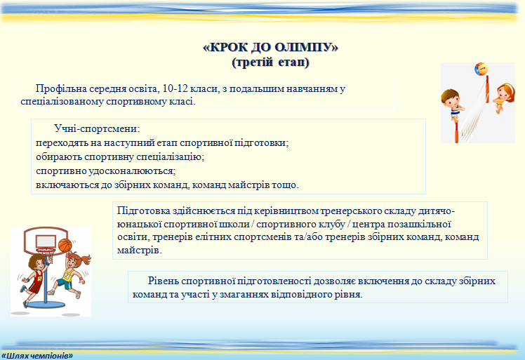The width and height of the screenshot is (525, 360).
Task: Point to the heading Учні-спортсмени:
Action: (x=97, y=129)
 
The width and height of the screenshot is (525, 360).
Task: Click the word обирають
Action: (x=59, y=156)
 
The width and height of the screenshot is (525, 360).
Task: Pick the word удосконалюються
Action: (x=132, y=171)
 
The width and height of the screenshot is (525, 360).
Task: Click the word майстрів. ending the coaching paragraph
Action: (x=139, y=250)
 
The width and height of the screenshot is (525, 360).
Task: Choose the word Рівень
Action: (x=163, y=281)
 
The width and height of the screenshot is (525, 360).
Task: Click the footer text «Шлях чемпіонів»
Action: (x=37, y=355)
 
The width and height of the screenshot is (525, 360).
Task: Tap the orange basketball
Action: (x=65, y=245)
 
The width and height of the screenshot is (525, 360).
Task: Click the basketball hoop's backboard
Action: (x=46, y=240)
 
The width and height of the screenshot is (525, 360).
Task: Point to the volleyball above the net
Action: (x=481, y=69)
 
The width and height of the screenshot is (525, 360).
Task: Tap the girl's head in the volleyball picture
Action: (x=505, y=92)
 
